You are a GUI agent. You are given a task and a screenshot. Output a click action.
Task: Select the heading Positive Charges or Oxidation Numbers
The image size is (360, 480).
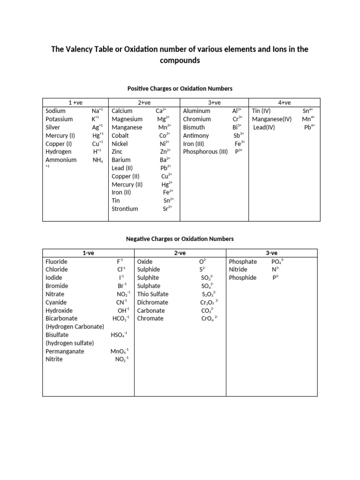click(x=180, y=88)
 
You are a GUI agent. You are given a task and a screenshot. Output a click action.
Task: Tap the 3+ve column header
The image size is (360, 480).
click(x=214, y=103)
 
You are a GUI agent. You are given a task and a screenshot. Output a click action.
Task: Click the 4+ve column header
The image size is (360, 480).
click(x=285, y=103)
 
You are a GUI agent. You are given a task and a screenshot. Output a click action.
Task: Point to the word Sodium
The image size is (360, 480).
click(x=56, y=111)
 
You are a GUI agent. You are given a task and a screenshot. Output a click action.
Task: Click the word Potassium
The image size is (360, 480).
click(x=60, y=119)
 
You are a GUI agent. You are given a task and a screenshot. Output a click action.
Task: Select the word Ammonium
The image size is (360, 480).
click(x=61, y=160)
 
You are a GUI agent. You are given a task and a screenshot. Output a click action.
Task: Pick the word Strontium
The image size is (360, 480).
click(x=125, y=209)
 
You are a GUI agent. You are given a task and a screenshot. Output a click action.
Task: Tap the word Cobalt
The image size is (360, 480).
click(x=120, y=135)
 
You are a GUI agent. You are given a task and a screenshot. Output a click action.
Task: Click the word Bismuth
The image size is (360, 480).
click(x=194, y=127)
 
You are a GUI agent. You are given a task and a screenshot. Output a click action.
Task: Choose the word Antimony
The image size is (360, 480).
click(x=196, y=135)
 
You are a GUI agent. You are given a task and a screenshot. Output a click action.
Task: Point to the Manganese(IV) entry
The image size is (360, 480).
click(x=271, y=119)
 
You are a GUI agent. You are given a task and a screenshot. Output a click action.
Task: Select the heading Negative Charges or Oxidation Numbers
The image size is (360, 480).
click(x=180, y=239)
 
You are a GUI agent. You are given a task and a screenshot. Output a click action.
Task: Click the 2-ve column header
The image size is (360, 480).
click(x=180, y=253)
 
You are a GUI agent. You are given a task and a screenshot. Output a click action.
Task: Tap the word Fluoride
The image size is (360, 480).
click(x=57, y=262)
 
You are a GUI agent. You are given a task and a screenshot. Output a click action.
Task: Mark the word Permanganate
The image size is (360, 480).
click(x=65, y=351)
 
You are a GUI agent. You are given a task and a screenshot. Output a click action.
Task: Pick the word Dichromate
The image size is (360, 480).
click(x=153, y=302)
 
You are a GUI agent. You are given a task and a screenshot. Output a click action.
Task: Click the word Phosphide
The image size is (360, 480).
click(x=243, y=277)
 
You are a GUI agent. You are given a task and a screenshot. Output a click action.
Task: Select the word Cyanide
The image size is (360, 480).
click(x=56, y=302)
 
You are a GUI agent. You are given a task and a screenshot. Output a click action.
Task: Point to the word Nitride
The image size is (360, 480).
click(x=239, y=270)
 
